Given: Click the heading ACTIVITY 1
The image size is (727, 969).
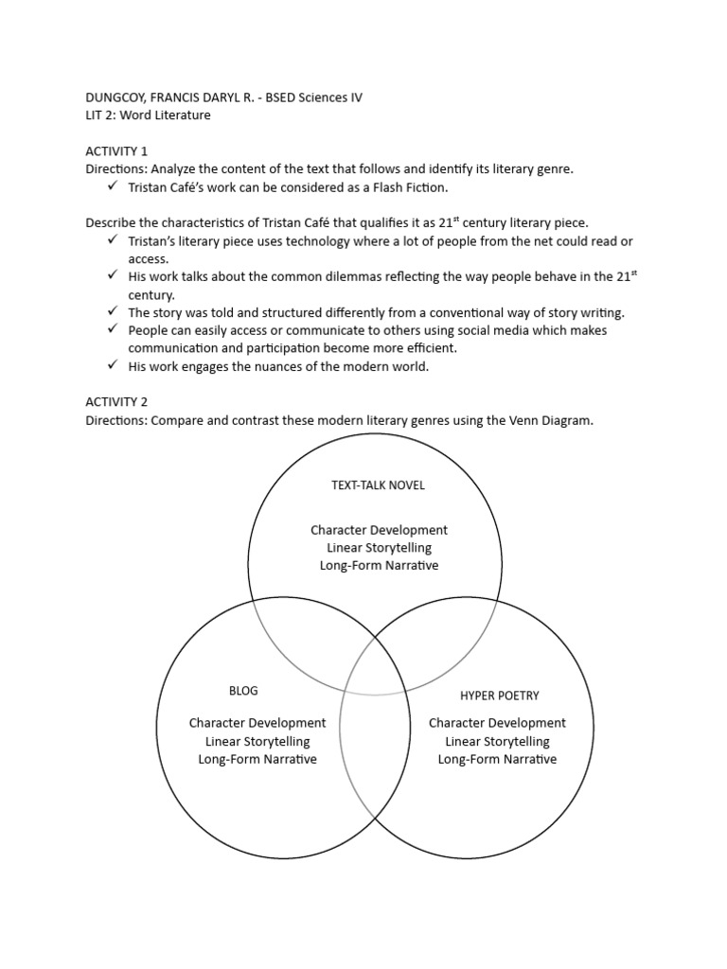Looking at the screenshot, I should [116, 151].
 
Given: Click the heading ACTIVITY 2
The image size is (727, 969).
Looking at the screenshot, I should [116, 401].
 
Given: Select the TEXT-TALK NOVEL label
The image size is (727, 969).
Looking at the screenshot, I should [378, 485].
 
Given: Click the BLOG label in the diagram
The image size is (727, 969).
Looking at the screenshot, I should [243, 691].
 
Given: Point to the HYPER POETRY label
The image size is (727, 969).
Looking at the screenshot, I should [499, 696].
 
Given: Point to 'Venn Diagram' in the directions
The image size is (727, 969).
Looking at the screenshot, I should [555, 420].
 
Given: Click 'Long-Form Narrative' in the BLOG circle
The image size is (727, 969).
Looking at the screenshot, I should [257, 759].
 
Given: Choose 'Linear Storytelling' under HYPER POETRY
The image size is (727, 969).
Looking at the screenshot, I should [497, 741].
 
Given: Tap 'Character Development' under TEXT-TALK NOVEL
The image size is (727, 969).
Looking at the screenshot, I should [379, 530].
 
